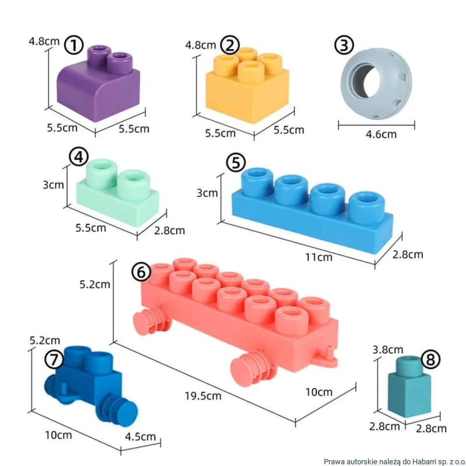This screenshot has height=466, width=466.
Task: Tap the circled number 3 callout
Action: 344,45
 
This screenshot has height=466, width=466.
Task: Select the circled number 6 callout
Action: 141,273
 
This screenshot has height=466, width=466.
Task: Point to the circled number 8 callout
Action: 430,360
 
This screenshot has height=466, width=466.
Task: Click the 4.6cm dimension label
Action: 381,134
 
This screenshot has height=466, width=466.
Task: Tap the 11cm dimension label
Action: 319,257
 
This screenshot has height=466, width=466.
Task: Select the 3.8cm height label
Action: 388,349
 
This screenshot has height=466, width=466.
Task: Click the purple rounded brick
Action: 98,83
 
